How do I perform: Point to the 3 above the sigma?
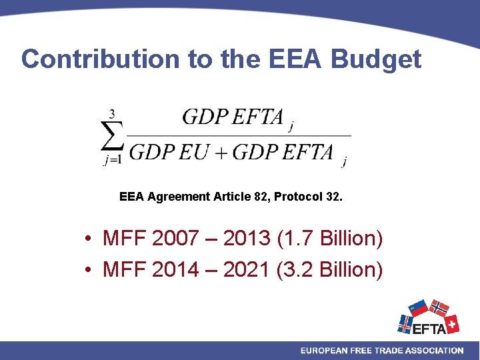[x=112, y=115]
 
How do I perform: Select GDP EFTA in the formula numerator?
[x=233, y=117]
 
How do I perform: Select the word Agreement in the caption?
[x=179, y=197]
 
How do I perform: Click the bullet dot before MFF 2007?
[x=88, y=239]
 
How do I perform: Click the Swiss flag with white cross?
[x=451, y=324]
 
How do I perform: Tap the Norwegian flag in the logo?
[x=438, y=308]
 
